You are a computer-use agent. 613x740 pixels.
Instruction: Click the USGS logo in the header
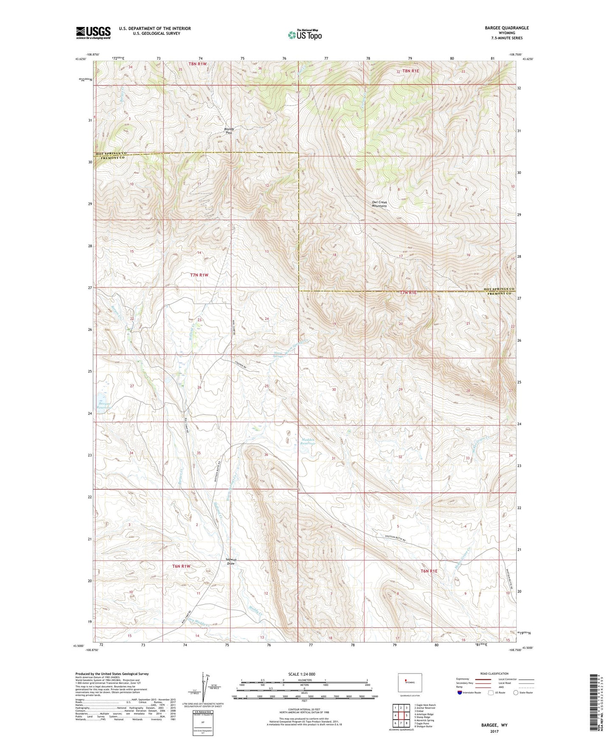[x=93, y=33]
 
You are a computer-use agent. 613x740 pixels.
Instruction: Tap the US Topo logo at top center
[x=304, y=35]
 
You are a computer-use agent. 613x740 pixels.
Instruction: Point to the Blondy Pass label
[x=229, y=131]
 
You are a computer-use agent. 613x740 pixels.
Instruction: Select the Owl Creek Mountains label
[x=379, y=204]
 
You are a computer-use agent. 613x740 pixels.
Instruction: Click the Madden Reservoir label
[x=308, y=442]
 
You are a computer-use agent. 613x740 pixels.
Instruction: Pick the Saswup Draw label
[x=231, y=562]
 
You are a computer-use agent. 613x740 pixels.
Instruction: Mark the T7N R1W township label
[x=199, y=275]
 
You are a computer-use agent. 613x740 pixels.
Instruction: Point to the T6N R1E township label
[x=428, y=571]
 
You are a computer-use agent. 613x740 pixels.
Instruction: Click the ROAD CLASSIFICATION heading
[x=494, y=673]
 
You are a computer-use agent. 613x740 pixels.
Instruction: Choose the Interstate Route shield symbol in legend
[x=460, y=693]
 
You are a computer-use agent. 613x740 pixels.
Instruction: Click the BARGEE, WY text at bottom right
[x=494, y=725]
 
